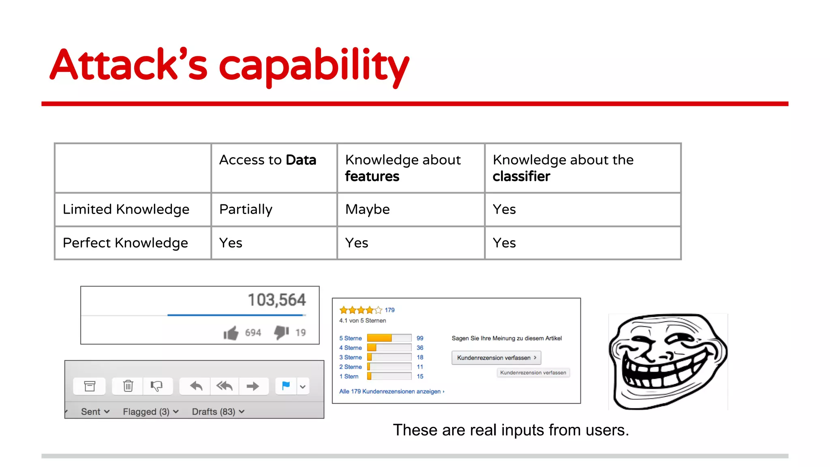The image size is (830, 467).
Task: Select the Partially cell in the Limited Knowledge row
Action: pyautogui.click(x=246, y=209)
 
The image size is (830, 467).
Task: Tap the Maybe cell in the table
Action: pyautogui.click(x=367, y=209)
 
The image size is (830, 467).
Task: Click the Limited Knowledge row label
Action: pyautogui.click(x=126, y=209)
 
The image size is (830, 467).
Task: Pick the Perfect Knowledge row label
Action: pyautogui.click(x=125, y=243)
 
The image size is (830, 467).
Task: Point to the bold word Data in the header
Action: pyautogui.click(x=301, y=160)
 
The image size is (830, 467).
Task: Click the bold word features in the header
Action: pyautogui.click(x=372, y=176)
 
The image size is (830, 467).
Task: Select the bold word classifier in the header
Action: pyautogui.click(x=521, y=176)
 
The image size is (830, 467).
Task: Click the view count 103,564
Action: pyautogui.click(x=277, y=300)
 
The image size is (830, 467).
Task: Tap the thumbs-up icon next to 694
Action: pyautogui.click(x=231, y=333)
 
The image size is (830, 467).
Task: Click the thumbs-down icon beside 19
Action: pyautogui.click(x=281, y=332)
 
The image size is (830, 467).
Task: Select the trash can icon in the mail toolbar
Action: pyautogui.click(x=128, y=386)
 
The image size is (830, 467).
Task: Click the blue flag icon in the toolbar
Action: pyautogui.click(x=286, y=386)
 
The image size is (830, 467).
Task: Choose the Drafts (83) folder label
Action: pyautogui.click(x=214, y=412)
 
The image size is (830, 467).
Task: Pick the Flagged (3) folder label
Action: pyautogui.click(x=146, y=412)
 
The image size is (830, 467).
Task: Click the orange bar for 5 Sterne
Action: pyautogui.click(x=379, y=338)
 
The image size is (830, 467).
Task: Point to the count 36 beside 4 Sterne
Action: pyautogui.click(x=420, y=348)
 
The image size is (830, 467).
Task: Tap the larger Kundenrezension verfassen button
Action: pyautogui.click(x=496, y=358)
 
